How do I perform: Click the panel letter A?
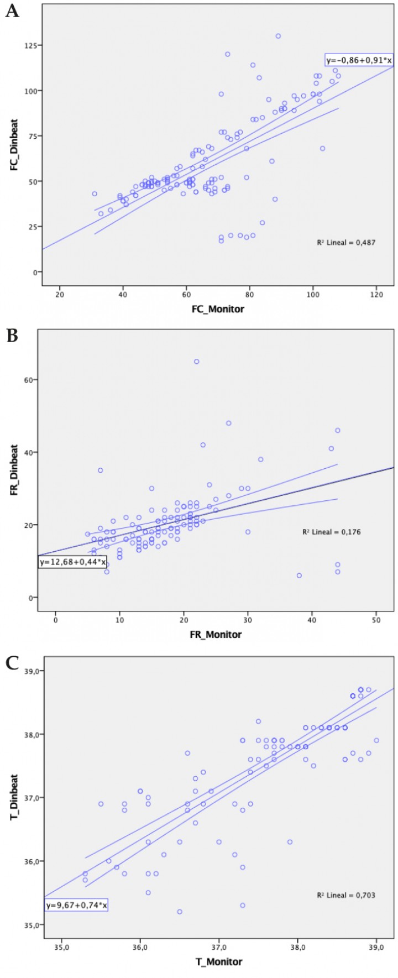tap(12, 11)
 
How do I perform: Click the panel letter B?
tap(12, 336)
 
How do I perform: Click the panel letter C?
tap(12, 663)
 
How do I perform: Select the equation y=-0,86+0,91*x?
tap(359, 60)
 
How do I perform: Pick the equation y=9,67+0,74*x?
tap(76, 905)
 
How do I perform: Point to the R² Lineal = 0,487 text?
tap(346, 242)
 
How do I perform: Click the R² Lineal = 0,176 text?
tap(331, 532)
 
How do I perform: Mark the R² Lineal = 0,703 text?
tap(346, 895)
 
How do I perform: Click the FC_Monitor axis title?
tap(218, 308)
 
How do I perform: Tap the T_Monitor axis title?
tap(218, 961)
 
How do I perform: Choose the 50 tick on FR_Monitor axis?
tap(376, 620)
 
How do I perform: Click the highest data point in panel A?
tap(278, 36)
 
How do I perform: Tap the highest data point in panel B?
tap(196, 362)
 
